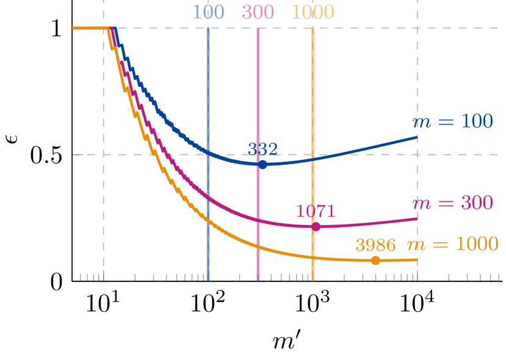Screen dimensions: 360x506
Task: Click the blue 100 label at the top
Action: click(x=208, y=12)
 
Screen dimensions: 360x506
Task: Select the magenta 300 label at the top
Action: click(x=258, y=12)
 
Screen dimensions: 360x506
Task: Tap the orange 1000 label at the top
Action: click(x=313, y=12)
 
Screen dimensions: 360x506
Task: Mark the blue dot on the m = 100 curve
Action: click(x=262, y=165)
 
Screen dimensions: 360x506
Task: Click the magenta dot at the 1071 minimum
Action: click(x=316, y=227)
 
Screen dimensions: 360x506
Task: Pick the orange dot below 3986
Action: click(x=375, y=261)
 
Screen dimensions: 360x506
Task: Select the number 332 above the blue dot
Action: click(x=262, y=149)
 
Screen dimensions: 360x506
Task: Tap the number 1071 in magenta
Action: click(x=316, y=211)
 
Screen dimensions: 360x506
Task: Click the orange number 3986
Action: click(x=375, y=245)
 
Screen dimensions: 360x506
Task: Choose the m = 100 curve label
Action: click(x=453, y=121)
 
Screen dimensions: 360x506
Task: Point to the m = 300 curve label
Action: click(x=452, y=203)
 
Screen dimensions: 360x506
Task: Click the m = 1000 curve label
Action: click(x=452, y=244)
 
